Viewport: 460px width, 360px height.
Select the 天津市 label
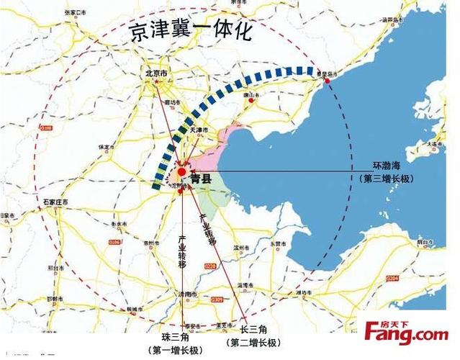[199, 130]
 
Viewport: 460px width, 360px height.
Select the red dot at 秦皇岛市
[328, 80]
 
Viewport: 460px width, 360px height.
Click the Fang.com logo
[406, 333]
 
